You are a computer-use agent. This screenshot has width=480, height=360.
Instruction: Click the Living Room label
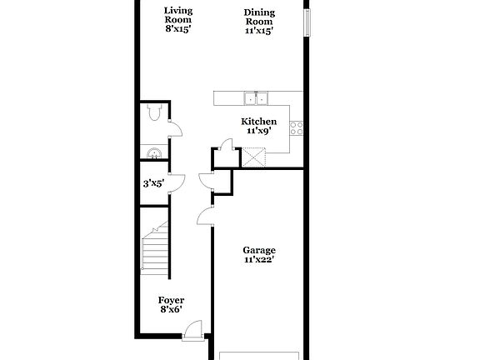click(177, 15)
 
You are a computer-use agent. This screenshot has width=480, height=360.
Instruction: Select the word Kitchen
click(258, 122)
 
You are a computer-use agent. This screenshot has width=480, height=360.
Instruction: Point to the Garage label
click(258, 250)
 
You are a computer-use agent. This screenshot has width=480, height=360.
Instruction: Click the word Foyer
click(171, 300)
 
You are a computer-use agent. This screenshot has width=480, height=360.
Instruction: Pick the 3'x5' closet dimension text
click(152, 183)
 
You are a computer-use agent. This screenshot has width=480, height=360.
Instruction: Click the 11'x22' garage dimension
click(259, 260)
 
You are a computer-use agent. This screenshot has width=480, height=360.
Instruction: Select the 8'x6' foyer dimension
click(171, 310)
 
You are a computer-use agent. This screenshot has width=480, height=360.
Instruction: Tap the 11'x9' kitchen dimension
click(258, 131)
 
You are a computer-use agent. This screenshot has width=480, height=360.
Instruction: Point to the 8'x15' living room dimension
click(177, 29)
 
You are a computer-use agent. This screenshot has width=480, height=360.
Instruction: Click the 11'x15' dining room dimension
click(259, 31)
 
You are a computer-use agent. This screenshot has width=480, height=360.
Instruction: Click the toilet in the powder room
click(153, 116)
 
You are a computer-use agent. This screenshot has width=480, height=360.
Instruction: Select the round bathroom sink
click(153, 152)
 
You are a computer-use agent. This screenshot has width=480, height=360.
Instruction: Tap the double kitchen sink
click(256, 98)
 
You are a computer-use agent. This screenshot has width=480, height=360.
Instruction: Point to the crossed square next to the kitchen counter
click(252, 156)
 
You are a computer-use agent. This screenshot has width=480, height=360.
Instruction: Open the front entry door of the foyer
click(192, 331)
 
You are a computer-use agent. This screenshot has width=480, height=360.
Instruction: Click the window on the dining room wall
click(307, 23)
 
